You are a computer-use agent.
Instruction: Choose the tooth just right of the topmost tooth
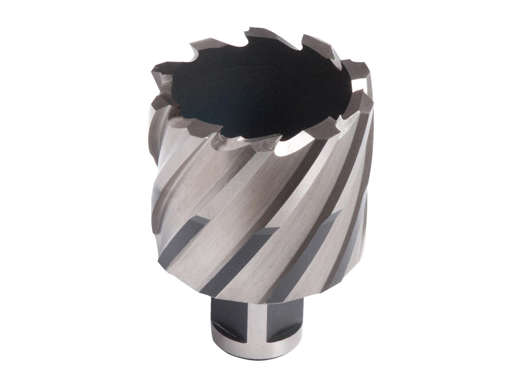click(x=315, y=42)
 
